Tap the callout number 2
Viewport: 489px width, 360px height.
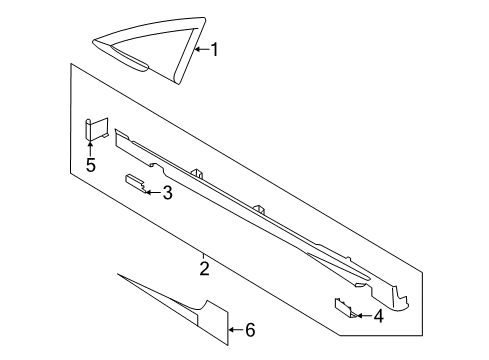(204, 268)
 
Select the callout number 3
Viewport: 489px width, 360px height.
(167, 192)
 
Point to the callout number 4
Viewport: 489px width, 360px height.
(378, 317)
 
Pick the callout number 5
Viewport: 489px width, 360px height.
(90, 165)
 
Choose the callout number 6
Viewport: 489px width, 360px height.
(250, 330)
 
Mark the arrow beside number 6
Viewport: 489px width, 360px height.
(235, 329)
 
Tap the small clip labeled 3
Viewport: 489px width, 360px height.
(134, 181)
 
